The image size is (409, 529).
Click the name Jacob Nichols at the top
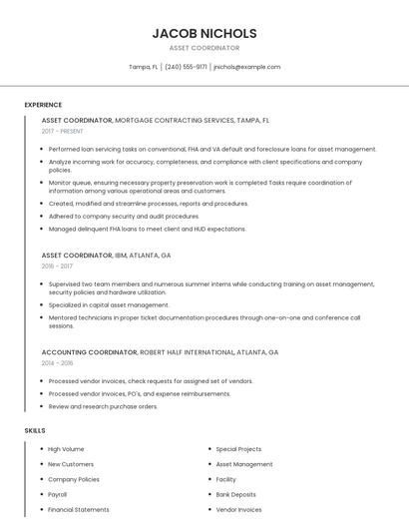click(x=204, y=33)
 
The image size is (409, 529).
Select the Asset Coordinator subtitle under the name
click(x=204, y=48)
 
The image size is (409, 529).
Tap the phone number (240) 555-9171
click(x=186, y=67)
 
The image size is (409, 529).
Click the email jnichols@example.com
click(x=246, y=67)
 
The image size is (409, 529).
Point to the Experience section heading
click(x=43, y=105)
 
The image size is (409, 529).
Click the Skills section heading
click(x=35, y=430)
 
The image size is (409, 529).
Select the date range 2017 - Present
click(x=63, y=131)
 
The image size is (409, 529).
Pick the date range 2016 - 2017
click(x=57, y=266)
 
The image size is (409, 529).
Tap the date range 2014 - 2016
click(x=57, y=363)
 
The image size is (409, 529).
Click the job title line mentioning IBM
click(x=106, y=256)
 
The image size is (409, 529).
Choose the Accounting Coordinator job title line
click(x=160, y=352)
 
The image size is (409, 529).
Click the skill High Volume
click(x=66, y=449)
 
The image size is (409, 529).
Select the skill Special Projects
click(x=238, y=449)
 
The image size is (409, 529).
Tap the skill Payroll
click(x=58, y=494)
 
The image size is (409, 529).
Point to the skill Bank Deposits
click(x=235, y=494)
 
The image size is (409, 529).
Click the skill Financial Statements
click(x=79, y=509)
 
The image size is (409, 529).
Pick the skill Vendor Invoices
click(x=238, y=509)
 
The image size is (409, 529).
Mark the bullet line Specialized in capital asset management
click(x=109, y=305)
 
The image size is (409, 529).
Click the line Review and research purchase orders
click(x=103, y=406)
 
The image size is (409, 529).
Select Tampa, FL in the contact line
click(x=143, y=67)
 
